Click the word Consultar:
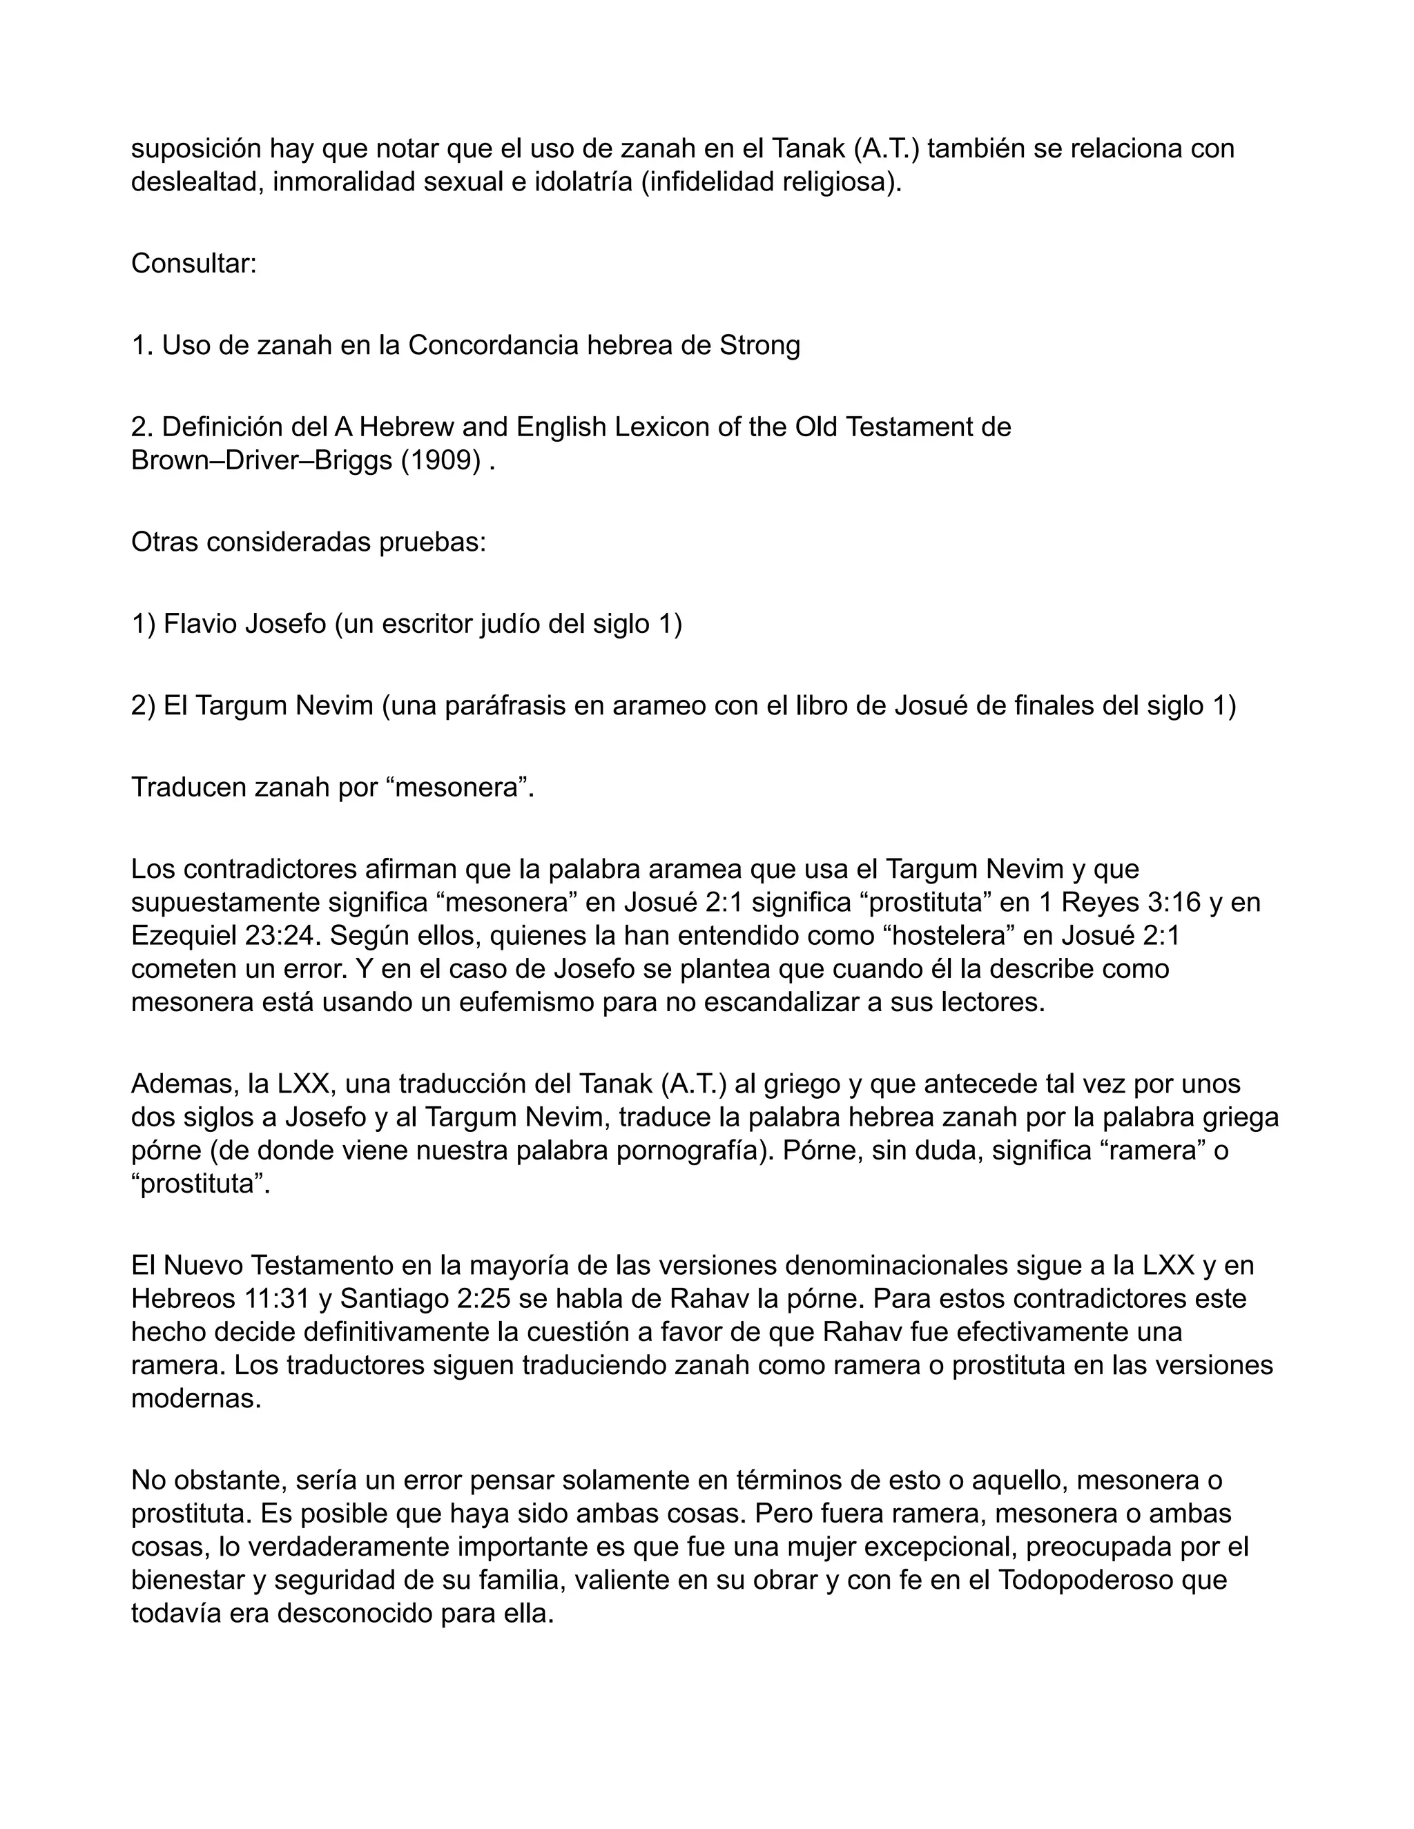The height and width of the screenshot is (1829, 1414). coord(193,264)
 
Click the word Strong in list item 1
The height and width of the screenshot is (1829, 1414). coord(759,345)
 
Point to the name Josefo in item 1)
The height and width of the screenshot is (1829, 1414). coord(285,624)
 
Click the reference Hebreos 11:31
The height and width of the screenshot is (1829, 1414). coord(216,1299)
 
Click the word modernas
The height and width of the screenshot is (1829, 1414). coord(196,1398)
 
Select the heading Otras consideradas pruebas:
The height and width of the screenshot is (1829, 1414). coord(308,542)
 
